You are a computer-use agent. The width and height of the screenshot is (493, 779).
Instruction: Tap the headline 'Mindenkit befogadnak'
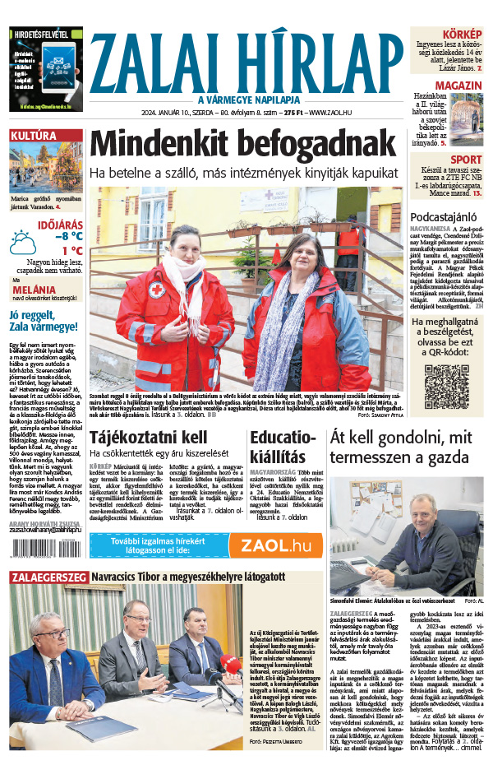click(x=242, y=145)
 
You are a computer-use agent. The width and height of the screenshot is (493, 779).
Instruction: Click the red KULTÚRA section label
click(x=34, y=135)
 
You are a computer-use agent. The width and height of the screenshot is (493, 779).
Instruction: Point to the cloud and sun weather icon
click(x=23, y=244)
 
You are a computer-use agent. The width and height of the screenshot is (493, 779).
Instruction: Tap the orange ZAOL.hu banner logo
click(x=275, y=545)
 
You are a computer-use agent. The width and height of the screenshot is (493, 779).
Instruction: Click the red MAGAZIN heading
click(x=458, y=86)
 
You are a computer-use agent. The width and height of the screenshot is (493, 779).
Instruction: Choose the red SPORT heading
click(x=466, y=160)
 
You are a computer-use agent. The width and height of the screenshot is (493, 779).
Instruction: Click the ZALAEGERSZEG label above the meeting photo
click(x=48, y=577)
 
